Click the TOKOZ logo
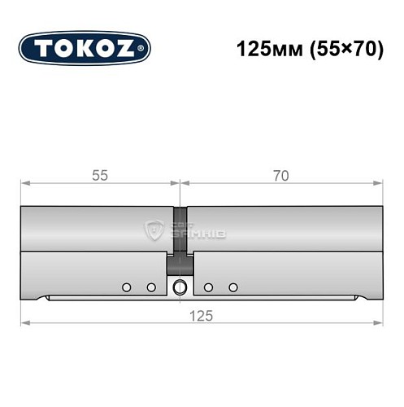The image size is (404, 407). [x=85, y=48]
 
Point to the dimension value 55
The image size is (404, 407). [x=100, y=176]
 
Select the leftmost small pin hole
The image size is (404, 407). [x=126, y=287]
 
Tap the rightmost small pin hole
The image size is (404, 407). [x=234, y=287]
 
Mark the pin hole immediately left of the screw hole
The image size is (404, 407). [x=151, y=287]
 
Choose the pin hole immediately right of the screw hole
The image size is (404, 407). [x=209, y=287]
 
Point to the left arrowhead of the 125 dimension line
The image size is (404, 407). [x=25, y=325]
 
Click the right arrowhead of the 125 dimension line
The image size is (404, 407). [x=377, y=325]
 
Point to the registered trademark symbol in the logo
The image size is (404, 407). [x=144, y=49]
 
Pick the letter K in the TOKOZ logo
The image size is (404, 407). [x=84, y=48]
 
